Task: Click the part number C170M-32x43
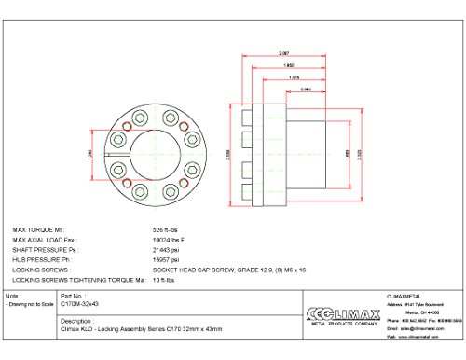80,303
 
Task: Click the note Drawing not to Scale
28,303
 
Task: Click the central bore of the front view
142,151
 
